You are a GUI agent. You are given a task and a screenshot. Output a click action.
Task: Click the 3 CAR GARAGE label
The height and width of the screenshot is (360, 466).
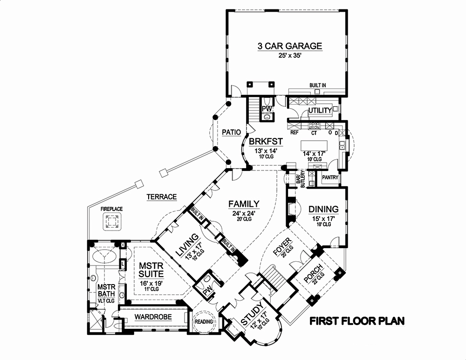click(x=290, y=46)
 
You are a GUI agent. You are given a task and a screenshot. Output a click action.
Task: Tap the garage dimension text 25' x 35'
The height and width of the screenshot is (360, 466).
click(x=290, y=57)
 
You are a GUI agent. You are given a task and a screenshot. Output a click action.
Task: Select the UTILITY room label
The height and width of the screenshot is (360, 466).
click(x=320, y=110)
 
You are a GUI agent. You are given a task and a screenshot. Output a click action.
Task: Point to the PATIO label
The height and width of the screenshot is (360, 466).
click(x=231, y=133)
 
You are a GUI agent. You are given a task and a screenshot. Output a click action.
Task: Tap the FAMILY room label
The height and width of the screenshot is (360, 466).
click(x=244, y=204)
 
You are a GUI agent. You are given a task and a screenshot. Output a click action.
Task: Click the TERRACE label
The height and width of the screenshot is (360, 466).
click(x=162, y=197)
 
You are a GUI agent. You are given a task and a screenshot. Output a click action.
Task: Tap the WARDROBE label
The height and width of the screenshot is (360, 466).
click(x=153, y=317)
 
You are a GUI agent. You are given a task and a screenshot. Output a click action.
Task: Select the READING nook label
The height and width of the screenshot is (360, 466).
click(x=204, y=322)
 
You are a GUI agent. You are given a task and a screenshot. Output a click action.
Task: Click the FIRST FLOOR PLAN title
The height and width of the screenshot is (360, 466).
click(x=357, y=321)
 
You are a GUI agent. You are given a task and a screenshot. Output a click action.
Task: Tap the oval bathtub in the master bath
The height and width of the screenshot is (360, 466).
click(x=103, y=257)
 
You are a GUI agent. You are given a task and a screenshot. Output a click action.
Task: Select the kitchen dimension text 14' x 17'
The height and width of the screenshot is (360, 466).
click(x=314, y=152)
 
